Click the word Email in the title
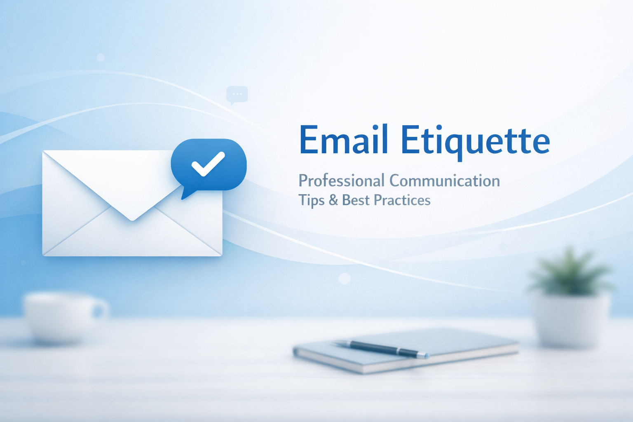[343, 140]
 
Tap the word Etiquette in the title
[475, 141]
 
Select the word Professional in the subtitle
[341, 181]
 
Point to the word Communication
[445, 181]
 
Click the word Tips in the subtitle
[311, 200]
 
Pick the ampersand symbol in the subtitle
[333, 200]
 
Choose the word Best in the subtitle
[356, 200]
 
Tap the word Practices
[402, 200]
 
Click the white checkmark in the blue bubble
[208, 164]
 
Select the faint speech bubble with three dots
[237, 95]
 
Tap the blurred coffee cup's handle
[101, 310]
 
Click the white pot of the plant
[571, 319]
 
